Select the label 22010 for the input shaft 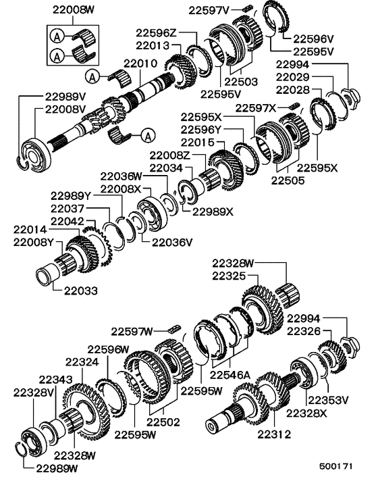click(140, 64)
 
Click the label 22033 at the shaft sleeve click(82, 291)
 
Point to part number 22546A click(231, 373)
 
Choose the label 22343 click(55, 380)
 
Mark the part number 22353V click(331, 399)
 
